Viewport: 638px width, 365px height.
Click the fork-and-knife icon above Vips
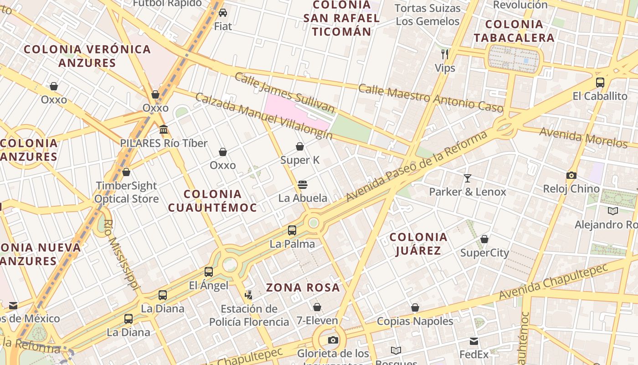[x=445, y=54]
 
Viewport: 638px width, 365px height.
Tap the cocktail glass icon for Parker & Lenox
[x=468, y=178]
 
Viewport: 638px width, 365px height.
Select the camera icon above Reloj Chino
[x=571, y=175]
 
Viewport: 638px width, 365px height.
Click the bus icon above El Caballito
[x=600, y=83]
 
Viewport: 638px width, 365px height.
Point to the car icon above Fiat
[x=223, y=13]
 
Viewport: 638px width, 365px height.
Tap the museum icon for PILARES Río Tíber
[x=164, y=130]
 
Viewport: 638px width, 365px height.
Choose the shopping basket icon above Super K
[x=300, y=146]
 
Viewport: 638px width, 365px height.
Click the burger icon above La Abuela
[x=303, y=185]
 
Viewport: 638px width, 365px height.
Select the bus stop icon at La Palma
[x=292, y=230]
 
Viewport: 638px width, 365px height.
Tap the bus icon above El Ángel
[x=209, y=272]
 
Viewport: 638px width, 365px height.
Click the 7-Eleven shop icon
[x=317, y=307]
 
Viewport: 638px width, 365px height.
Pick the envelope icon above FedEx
[x=474, y=341]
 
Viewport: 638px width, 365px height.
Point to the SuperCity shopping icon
[x=484, y=239]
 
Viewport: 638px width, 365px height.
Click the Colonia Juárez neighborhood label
[x=418, y=244]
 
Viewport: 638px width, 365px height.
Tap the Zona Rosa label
[x=303, y=287]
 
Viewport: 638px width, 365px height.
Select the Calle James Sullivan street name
[x=284, y=93]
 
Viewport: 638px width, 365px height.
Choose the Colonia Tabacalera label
[x=514, y=31]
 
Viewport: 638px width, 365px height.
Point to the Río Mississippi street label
[x=120, y=255]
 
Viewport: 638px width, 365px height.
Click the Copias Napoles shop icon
[x=415, y=308]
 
